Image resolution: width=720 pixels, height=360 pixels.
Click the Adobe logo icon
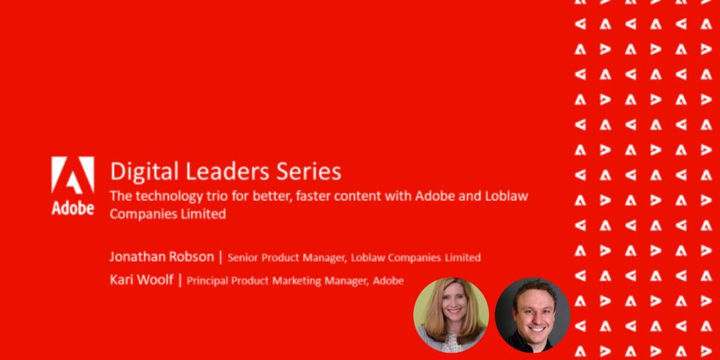coord(73,175)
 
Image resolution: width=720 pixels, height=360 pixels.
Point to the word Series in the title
coord(308,171)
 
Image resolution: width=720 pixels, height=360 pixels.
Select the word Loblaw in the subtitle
coord(506,196)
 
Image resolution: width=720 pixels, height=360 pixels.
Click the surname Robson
coord(192,256)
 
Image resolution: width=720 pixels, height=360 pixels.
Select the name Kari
coord(121,280)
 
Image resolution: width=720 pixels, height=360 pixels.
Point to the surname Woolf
coord(154,280)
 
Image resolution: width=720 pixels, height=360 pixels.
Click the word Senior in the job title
coord(242,257)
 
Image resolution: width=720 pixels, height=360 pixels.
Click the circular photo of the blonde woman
coord(451,315)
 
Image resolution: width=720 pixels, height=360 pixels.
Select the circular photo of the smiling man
coord(532,315)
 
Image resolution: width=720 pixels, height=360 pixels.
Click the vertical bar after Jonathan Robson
coord(220,257)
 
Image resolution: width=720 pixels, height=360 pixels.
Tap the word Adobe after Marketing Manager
coord(388,280)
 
